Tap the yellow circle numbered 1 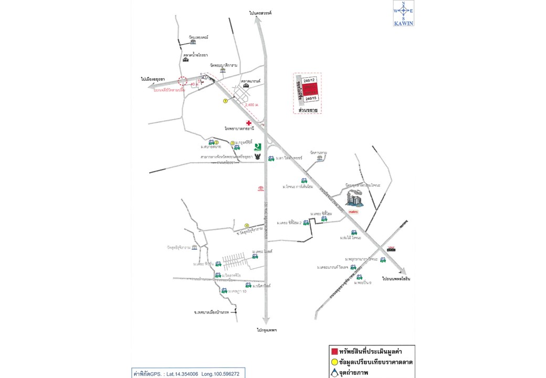pos(225,101)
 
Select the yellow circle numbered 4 pos(246,226)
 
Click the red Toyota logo pos(259,188)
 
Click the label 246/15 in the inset pos(311,98)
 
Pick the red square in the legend pos(333,351)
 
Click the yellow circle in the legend pos(334,362)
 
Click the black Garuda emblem pos(258,157)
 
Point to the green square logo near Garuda pos(258,148)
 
